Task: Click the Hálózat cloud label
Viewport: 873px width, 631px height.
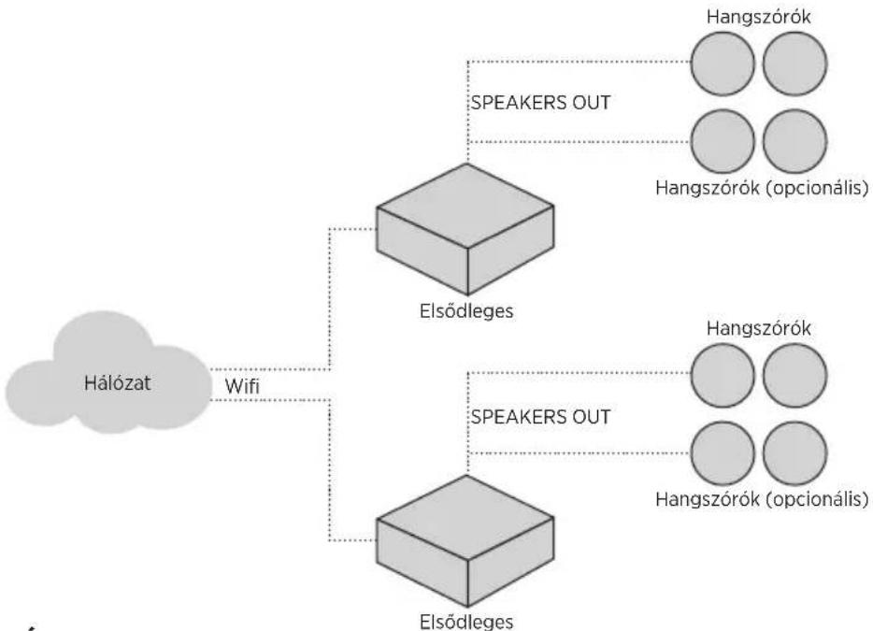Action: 118,383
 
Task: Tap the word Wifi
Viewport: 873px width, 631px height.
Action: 242,386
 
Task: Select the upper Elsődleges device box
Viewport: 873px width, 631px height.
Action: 465,229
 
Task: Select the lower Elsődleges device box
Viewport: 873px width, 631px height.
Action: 465,540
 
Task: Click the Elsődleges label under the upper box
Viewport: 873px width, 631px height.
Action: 466,310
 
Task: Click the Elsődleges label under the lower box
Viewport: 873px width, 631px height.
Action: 466,621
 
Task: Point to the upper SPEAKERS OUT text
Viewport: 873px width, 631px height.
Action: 540,103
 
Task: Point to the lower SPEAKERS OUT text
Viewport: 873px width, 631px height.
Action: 540,417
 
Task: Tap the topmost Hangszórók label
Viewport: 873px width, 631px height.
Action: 759,17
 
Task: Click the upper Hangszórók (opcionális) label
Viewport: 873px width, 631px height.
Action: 762,188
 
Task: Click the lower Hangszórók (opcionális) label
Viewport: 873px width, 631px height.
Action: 762,499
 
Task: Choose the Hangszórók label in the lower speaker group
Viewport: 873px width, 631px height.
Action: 759,329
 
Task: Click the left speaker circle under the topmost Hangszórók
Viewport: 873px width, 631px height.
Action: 723,64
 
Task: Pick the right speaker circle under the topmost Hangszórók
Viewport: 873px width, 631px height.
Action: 795,64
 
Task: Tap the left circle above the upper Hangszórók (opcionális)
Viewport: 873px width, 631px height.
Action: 723,141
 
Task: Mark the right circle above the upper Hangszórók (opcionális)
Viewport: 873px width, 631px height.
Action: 795,141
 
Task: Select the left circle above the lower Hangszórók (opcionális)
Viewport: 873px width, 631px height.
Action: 723,453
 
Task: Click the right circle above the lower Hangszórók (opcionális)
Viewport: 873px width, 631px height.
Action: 795,453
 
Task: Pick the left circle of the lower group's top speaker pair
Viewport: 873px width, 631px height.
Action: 723,376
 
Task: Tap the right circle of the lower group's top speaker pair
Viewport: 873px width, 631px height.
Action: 795,376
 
